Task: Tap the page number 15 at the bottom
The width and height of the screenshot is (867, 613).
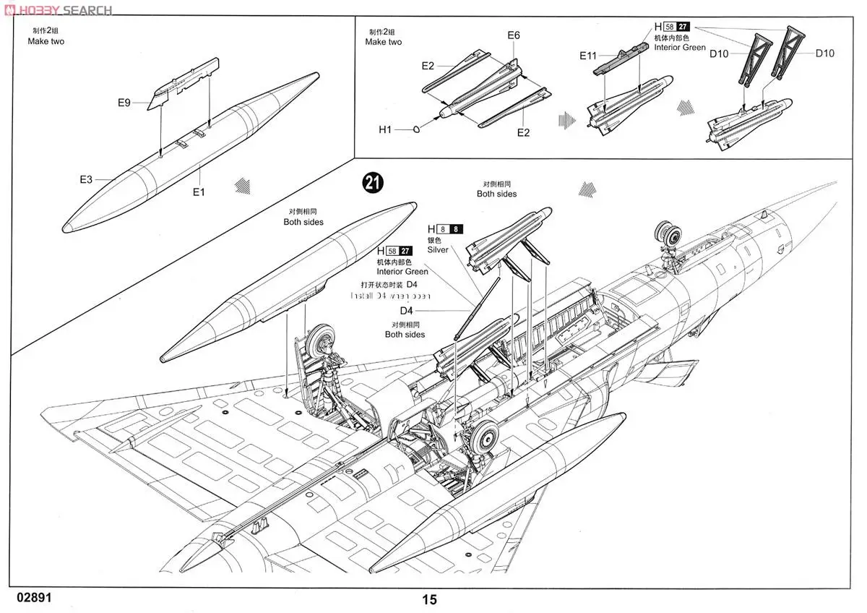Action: (x=429, y=599)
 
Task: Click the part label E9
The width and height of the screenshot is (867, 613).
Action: (x=124, y=103)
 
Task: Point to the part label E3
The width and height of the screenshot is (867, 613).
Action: (x=86, y=179)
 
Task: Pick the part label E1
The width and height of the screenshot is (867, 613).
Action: (x=199, y=192)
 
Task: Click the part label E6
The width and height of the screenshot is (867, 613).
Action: (x=514, y=35)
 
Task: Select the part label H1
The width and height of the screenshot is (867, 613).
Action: (x=385, y=129)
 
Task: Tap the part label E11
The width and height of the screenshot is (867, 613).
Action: (x=587, y=56)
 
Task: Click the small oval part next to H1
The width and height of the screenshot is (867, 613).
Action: (x=417, y=129)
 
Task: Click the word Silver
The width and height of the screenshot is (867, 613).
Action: (x=437, y=249)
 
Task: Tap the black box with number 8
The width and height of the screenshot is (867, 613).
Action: (x=456, y=229)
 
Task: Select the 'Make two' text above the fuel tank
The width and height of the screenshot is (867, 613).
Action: (x=46, y=42)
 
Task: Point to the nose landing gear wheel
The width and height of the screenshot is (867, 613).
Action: (x=669, y=235)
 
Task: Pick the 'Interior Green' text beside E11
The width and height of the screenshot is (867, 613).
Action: (x=679, y=47)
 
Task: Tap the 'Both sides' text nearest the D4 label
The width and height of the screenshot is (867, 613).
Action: (x=405, y=335)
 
